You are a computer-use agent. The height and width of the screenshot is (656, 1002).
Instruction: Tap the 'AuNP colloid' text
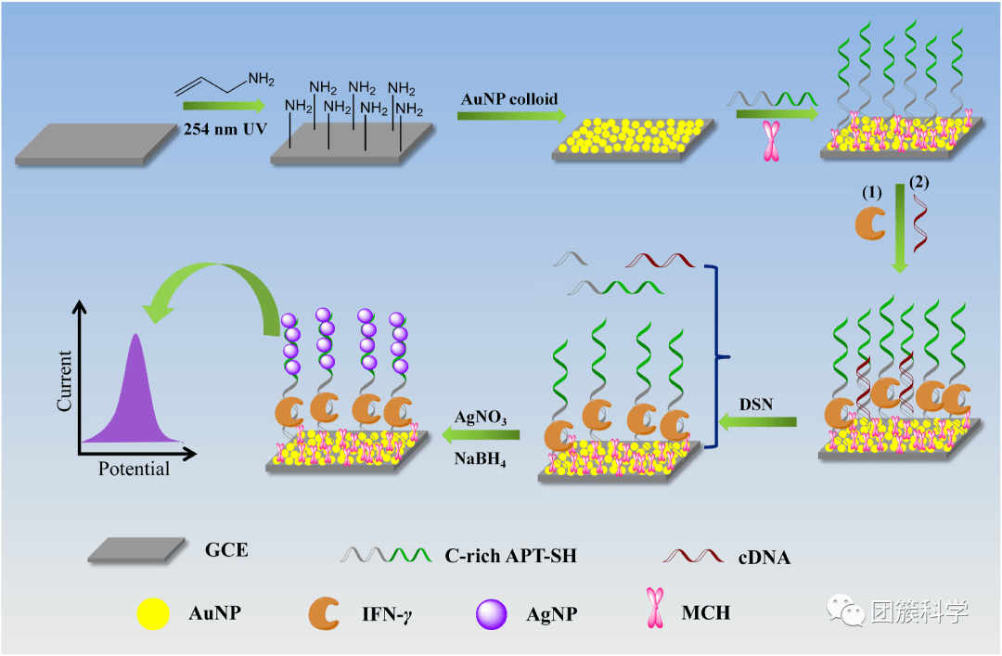pos(510,99)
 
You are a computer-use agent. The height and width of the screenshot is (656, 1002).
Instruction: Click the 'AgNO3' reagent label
pos(480,418)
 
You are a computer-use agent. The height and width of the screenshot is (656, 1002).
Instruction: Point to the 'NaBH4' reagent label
pos(480,457)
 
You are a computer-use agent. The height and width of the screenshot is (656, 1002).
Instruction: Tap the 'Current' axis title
pos(65,380)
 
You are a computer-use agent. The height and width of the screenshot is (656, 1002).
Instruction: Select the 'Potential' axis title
pos(135,469)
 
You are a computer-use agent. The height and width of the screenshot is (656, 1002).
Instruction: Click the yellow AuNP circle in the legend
pos(152,614)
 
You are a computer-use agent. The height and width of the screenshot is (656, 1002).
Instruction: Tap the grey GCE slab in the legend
pos(132,550)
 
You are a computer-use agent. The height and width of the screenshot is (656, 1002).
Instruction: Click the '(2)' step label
pos(918,182)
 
